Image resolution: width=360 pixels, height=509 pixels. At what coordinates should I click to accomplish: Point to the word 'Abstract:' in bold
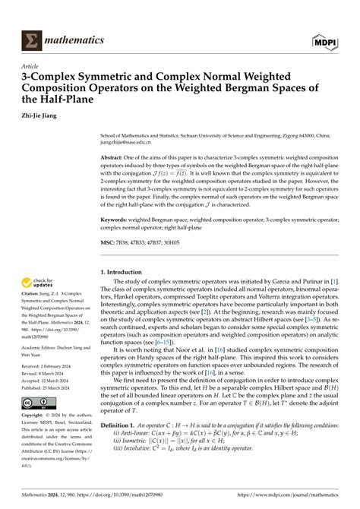(115, 156)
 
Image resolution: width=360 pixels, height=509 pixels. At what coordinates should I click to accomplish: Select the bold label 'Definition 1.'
(122, 447)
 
